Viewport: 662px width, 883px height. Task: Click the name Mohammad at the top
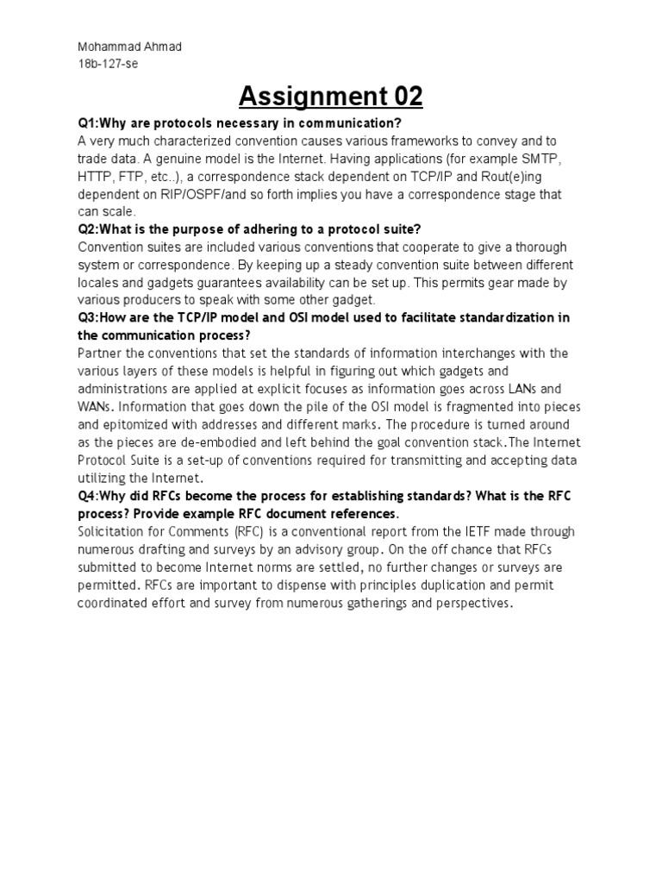coord(99,47)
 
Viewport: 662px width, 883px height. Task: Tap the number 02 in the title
coord(403,97)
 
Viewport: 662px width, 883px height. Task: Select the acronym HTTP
coord(97,177)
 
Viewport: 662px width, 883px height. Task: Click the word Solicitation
coord(116,532)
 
